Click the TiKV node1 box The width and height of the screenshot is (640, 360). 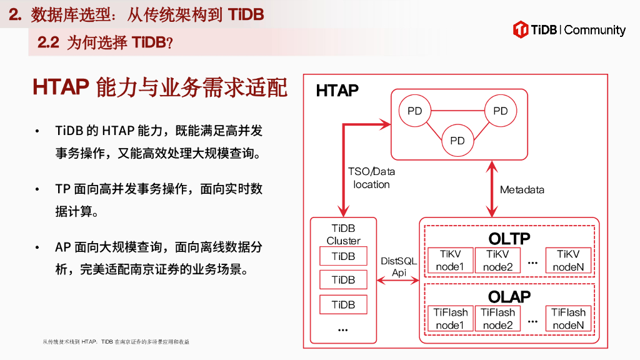[450, 261]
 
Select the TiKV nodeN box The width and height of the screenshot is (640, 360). [568, 261]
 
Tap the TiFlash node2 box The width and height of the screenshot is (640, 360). [498, 319]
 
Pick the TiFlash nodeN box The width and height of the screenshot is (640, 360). [568, 319]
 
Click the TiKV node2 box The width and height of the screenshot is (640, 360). [498, 261]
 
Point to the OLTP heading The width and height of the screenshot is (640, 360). [509, 238]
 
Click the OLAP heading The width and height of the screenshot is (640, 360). [509, 296]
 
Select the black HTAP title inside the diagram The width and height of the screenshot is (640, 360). [337, 91]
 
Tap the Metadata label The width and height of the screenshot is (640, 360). [522, 189]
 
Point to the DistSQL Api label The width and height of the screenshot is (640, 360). [399, 267]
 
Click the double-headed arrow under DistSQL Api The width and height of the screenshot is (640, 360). [399, 282]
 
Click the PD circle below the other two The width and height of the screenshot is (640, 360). [457, 141]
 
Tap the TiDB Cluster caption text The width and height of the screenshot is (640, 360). [343, 234]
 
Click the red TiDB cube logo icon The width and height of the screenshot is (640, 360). [521, 29]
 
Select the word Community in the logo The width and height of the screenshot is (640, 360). [594, 30]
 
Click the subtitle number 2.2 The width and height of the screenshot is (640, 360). [48, 42]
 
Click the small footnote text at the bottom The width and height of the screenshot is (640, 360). [116, 342]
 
